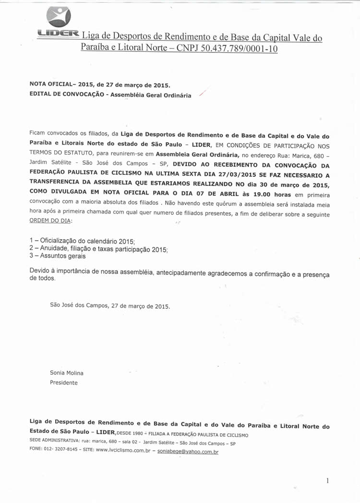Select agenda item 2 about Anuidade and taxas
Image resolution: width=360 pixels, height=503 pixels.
98,248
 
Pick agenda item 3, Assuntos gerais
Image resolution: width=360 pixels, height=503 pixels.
54,257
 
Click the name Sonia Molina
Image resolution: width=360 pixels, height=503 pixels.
67,373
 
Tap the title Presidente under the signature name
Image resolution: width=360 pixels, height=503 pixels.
64,383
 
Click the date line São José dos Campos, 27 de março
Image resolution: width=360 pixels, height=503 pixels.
110,306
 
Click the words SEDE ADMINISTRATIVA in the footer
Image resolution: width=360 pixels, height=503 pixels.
55,440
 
